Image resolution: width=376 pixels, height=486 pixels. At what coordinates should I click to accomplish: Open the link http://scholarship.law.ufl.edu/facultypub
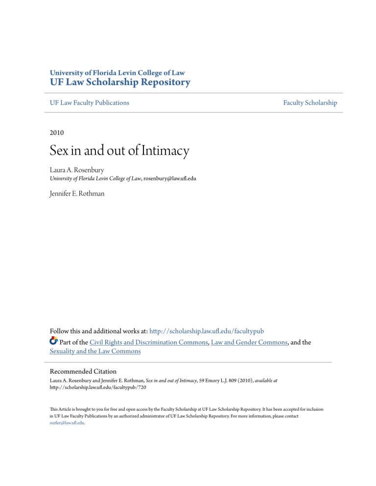point(225,331)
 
